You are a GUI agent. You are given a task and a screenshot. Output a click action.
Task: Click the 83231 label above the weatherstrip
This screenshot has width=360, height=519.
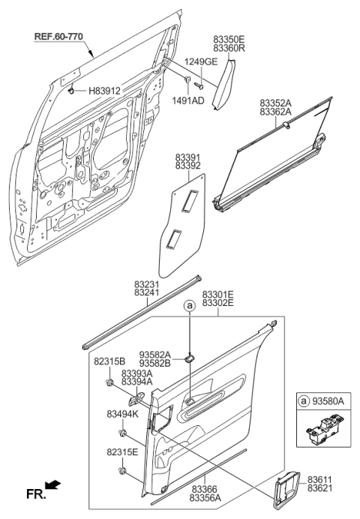(x=147, y=286)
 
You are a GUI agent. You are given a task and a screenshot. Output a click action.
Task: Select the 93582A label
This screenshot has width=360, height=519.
(x=155, y=355)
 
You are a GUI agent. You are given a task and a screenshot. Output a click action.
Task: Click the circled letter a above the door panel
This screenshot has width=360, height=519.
(x=190, y=306)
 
